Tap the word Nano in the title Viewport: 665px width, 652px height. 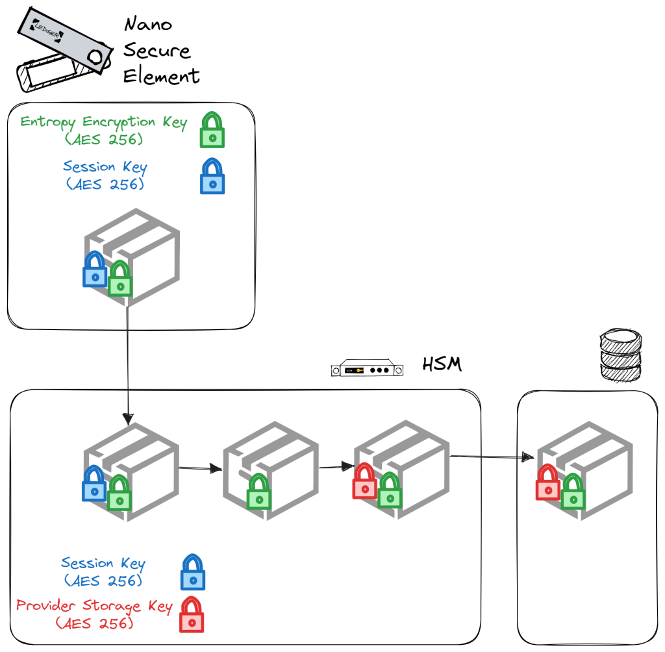[148, 25]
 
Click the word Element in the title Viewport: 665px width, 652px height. [161, 76]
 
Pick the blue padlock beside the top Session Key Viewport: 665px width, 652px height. [212, 177]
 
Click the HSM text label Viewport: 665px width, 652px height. [442, 364]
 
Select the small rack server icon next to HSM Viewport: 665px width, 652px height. [366, 370]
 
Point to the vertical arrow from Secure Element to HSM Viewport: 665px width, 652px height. [127, 364]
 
